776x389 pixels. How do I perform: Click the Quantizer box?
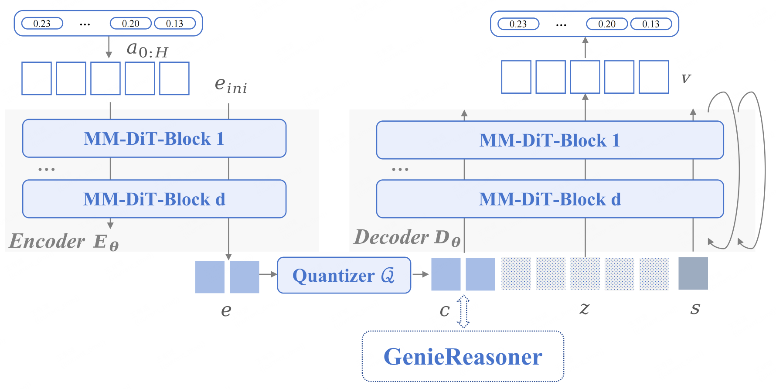[x=344, y=275]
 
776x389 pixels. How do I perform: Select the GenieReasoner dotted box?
[x=463, y=356]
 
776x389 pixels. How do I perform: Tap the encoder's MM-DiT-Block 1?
[x=154, y=139]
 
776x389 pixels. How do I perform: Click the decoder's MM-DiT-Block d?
[x=550, y=199]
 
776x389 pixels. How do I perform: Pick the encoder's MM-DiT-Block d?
[x=154, y=199]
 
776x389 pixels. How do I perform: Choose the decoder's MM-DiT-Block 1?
[x=550, y=140]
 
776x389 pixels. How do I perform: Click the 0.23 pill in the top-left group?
[x=42, y=24]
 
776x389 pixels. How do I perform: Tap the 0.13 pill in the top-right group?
[x=650, y=24]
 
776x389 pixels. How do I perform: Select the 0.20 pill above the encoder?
[x=130, y=24]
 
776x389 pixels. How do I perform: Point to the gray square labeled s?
[x=693, y=274]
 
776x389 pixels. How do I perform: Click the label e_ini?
[x=231, y=85]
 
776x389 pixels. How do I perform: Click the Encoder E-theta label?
[x=64, y=241]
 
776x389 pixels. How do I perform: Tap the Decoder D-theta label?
[x=407, y=238]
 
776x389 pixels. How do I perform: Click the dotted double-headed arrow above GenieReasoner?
[x=463, y=311]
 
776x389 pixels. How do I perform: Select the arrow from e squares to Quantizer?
[x=268, y=274]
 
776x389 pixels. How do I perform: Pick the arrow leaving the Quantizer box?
[x=420, y=274]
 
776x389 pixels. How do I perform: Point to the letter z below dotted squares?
[x=584, y=308]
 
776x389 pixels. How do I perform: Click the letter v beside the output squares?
[x=686, y=78]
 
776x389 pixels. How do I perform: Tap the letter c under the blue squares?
[x=444, y=311]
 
